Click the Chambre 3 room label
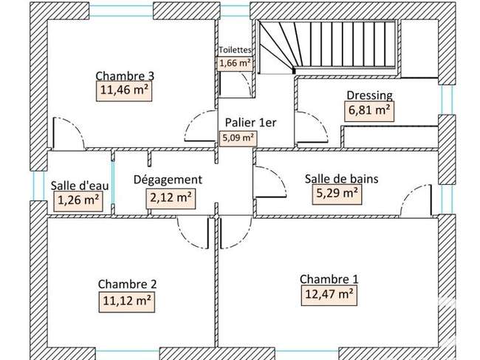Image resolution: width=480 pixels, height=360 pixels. [x=125, y=75]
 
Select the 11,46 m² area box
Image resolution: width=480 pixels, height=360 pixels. [x=124, y=91]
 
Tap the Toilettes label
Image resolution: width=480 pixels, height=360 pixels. [x=235, y=50]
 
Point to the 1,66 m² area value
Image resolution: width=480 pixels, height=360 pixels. [x=235, y=64]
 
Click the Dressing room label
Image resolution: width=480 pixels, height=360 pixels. [x=369, y=95]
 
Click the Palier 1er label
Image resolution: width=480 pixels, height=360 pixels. [x=251, y=123]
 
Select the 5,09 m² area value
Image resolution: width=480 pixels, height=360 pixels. [x=239, y=138]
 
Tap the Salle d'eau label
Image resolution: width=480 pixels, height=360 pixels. [x=80, y=186]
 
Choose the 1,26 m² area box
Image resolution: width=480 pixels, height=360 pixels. [x=78, y=201]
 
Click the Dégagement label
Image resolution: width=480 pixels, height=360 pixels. [x=168, y=180]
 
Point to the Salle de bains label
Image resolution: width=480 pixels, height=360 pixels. [x=342, y=179]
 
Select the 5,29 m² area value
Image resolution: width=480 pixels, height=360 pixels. [x=337, y=194]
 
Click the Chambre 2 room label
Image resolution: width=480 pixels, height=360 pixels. [x=127, y=284]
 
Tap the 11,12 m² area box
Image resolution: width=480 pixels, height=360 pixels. [x=127, y=302]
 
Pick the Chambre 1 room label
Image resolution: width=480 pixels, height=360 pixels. [x=329, y=279]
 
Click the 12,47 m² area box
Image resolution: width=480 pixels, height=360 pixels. [x=329, y=296]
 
